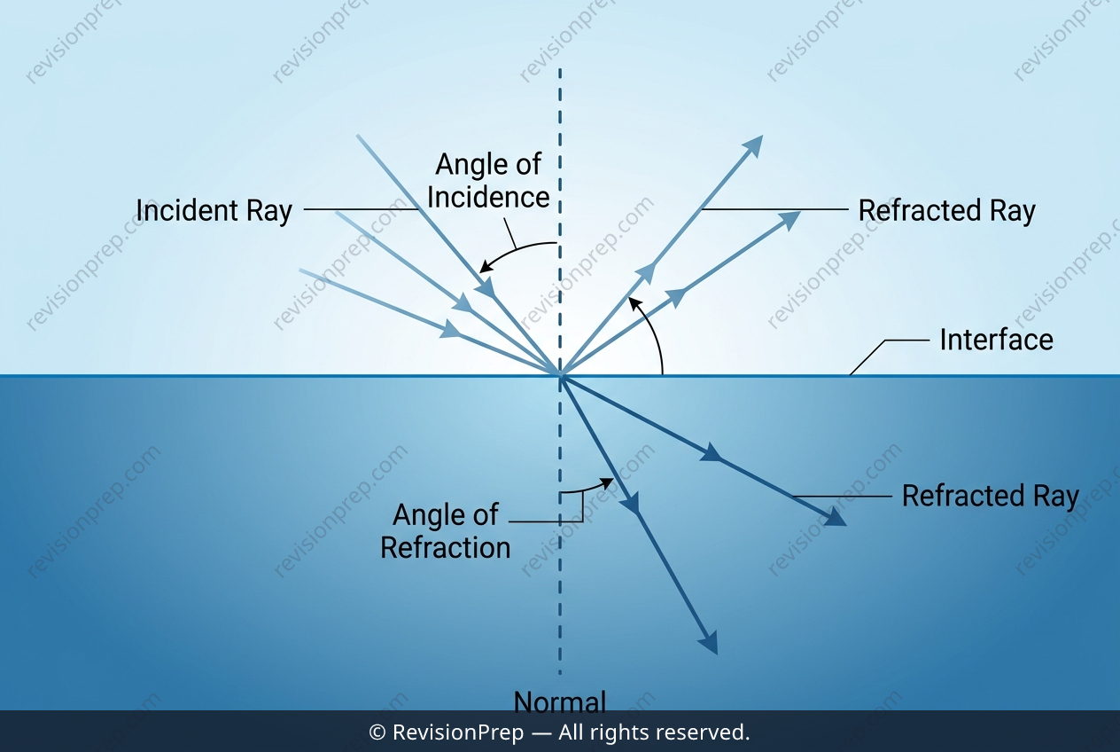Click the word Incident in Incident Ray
click(x=187, y=210)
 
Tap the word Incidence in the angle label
click(x=488, y=197)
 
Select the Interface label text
click(x=997, y=340)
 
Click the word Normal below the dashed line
click(x=559, y=702)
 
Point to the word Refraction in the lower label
click(x=446, y=547)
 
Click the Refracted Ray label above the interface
click(x=947, y=210)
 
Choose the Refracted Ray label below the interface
click(x=991, y=496)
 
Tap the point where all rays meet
click(x=560, y=375)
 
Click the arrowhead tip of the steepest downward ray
click(x=717, y=654)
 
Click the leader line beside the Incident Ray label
click(x=361, y=209)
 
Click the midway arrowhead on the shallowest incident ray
click(x=450, y=329)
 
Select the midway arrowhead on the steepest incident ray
click(x=486, y=287)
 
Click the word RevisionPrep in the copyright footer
click(x=458, y=732)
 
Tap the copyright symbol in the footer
click(x=377, y=732)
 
